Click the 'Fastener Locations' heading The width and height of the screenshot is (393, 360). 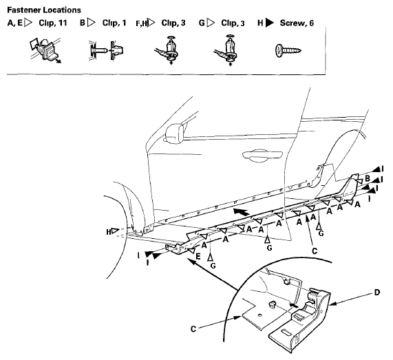44,10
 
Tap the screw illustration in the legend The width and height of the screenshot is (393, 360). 288,50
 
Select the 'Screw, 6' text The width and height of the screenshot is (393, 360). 297,23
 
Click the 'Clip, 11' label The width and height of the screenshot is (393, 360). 53,23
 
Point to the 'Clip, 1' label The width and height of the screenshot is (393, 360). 114,23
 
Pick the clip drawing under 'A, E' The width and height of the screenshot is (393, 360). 45,50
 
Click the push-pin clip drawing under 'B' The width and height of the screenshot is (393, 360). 106,50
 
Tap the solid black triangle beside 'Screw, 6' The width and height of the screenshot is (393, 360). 270,23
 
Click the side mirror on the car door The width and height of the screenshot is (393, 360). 173,134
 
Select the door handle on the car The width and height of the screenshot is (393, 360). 262,155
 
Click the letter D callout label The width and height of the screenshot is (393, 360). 377,293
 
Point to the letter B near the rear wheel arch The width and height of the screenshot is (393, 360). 368,178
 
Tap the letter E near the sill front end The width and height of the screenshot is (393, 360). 198,257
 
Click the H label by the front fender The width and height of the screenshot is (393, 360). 109,232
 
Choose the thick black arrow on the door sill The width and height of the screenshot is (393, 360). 242,212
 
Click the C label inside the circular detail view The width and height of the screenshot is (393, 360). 193,329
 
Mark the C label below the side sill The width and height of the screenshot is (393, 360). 315,251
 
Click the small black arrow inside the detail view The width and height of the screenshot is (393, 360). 295,305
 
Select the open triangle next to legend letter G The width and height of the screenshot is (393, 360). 211,23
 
